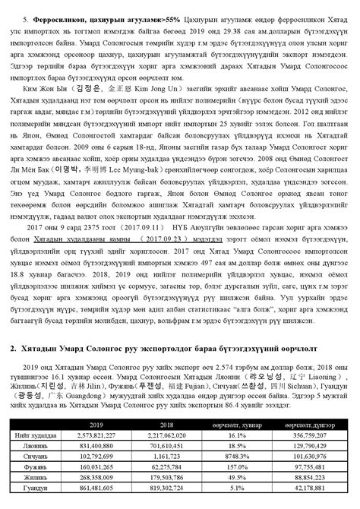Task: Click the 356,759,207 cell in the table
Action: click(x=304, y=435)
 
